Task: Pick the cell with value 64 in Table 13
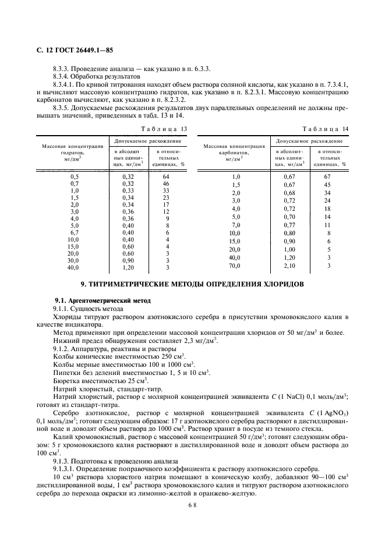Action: [x=166, y=175]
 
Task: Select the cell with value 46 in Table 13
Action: [x=166, y=183]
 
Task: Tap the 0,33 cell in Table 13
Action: [x=128, y=190]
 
